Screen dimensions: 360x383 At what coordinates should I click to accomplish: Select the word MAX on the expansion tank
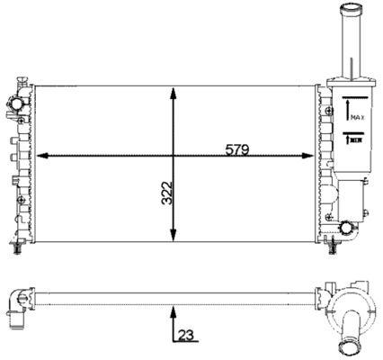(x=358, y=116)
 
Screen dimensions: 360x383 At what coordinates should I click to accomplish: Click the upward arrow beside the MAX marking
(x=345, y=112)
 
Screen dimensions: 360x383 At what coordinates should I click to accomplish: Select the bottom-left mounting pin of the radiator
(x=17, y=246)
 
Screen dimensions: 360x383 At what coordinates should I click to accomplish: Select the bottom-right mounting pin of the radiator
(x=332, y=246)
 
